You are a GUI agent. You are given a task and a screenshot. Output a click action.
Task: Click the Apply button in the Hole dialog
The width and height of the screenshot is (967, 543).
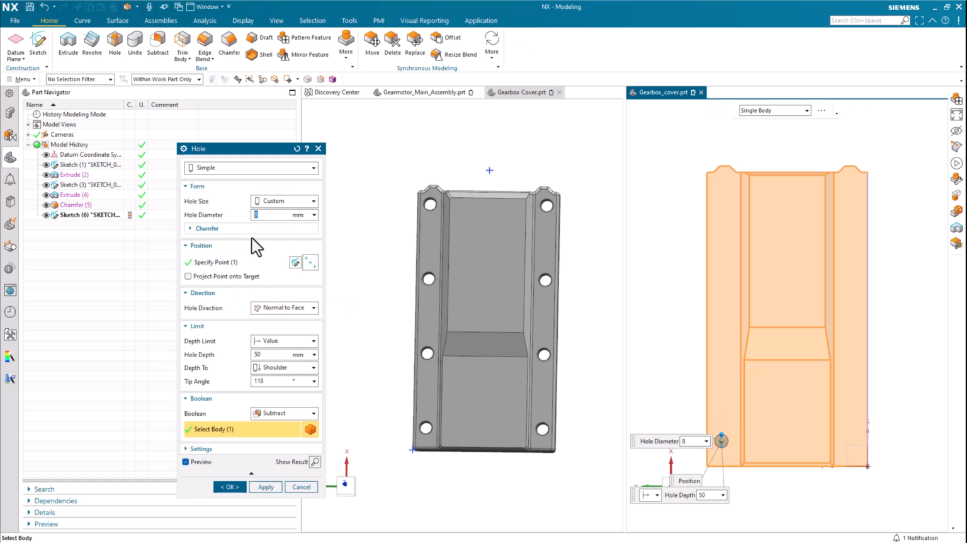pos(266,487)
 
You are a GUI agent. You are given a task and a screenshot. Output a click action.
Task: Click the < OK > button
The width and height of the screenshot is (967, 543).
pos(230,487)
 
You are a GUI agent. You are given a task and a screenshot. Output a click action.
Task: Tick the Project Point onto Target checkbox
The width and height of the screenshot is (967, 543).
pos(188,277)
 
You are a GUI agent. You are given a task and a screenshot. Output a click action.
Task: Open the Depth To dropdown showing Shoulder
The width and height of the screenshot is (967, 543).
pos(285,368)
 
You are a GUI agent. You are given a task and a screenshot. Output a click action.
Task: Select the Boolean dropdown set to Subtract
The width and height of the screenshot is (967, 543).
pos(285,413)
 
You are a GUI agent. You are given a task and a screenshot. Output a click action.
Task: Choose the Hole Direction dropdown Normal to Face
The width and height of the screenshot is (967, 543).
pos(285,308)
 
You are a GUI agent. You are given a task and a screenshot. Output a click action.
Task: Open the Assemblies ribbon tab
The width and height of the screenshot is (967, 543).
pos(161,21)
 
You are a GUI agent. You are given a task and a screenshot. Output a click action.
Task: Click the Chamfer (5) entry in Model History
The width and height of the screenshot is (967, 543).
pos(76,205)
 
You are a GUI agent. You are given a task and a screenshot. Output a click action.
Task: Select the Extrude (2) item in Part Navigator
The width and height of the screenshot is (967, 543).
pos(74,174)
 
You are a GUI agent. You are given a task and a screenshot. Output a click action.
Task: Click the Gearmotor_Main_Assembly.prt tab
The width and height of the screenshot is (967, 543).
pos(424,93)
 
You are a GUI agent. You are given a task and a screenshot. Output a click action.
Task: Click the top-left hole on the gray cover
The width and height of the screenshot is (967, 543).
pos(431,204)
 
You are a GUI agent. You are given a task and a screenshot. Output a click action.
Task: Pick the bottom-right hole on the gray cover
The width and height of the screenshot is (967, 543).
pos(542,430)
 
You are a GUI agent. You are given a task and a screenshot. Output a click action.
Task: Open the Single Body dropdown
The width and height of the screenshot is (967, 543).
pos(774,111)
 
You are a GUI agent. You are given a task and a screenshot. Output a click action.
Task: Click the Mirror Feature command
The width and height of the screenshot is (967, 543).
pos(304,55)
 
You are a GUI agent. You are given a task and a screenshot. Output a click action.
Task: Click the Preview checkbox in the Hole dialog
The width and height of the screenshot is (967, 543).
pos(186,462)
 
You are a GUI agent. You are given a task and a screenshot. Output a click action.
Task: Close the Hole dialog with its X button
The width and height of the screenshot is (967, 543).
pos(318,149)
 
